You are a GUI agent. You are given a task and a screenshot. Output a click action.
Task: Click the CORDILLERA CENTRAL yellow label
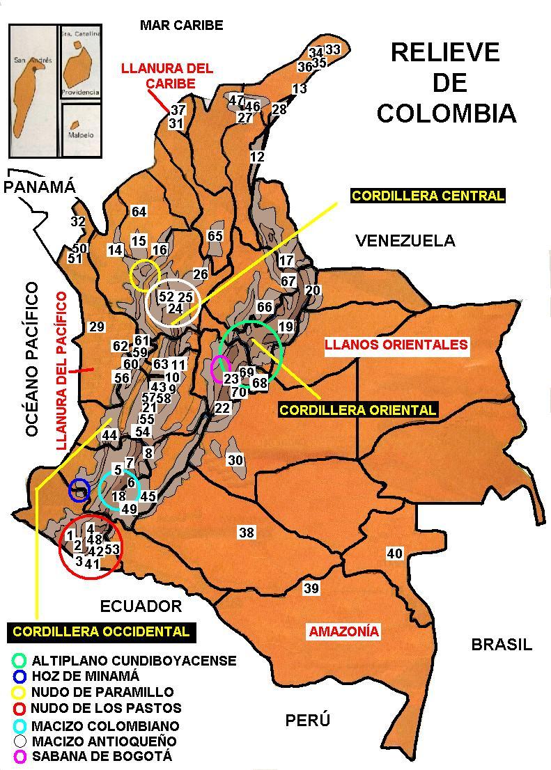point(428,196)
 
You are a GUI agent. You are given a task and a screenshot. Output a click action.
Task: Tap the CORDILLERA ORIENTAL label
point(358,410)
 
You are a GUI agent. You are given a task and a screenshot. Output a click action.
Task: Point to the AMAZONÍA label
point(344,631)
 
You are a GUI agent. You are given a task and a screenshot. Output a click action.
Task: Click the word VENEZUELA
point(405,241)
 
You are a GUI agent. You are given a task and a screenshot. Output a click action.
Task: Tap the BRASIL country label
point(502,644)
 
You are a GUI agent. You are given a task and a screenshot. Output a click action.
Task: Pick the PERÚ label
point(307,720)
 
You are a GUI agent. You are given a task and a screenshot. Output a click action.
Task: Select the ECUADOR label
point(141,606)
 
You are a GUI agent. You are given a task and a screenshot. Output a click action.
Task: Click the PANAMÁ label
point(39,187)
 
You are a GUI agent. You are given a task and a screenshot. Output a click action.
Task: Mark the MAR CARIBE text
point(181,26)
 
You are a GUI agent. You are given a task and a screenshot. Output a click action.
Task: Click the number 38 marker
point(247,533)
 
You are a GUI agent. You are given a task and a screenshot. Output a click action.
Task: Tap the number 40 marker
point(395,553)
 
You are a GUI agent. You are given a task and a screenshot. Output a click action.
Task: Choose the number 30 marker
point(235,460)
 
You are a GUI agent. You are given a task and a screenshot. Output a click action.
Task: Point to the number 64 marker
point(139,212)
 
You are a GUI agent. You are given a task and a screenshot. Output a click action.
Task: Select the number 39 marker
point(311,589)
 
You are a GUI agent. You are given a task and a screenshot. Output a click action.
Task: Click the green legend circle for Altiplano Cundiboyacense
point(20,660)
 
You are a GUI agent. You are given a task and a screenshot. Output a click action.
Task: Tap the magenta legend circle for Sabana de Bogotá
point(20,756)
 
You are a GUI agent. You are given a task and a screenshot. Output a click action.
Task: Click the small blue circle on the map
point(79,490)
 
